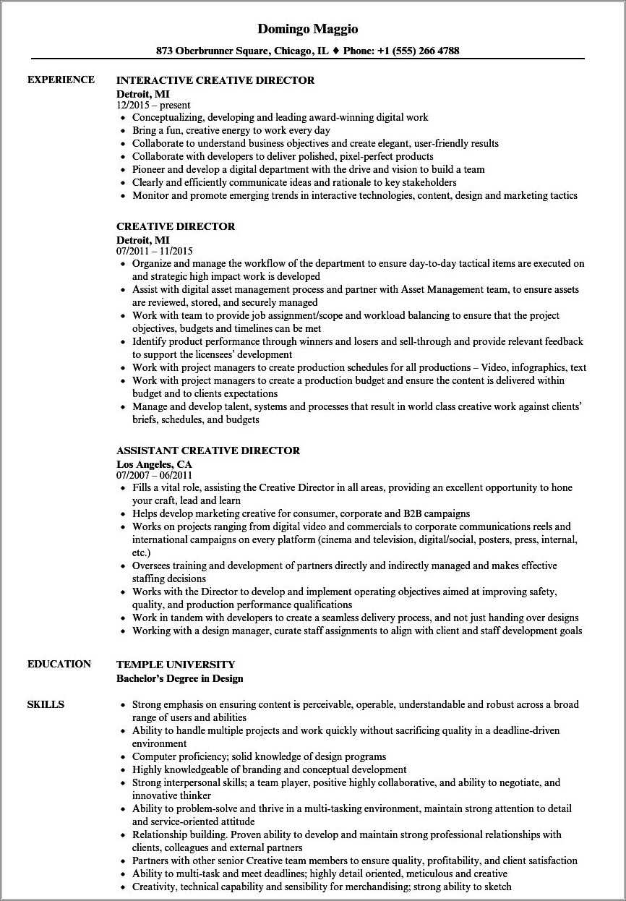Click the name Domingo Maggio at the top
coord(308,29)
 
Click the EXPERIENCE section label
coord(61,80)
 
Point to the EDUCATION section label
coord(59,664)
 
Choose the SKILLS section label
coord(46,704)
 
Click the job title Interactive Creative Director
coord(215,80)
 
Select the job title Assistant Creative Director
coord(208,450)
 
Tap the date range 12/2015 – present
coord(153,105)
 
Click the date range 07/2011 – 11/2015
coord(155,251)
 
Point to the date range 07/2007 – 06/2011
coord(155,475)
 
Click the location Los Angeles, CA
coord(154,464)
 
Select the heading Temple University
coord(176,665)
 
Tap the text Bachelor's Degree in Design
coord(180,678)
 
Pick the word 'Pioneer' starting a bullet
coord(151,170)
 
